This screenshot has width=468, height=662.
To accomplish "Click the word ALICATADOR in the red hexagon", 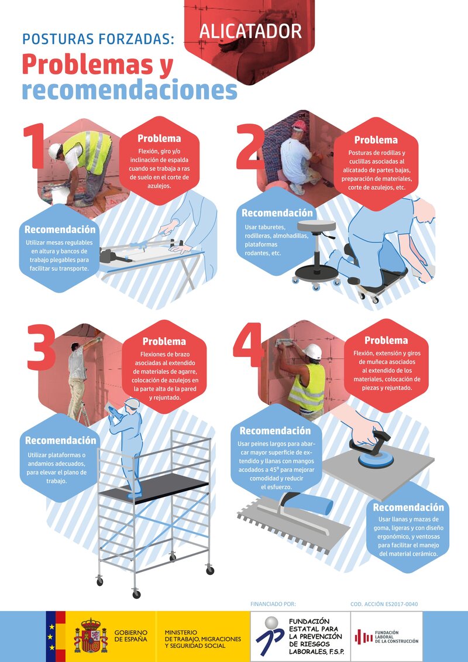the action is (250, 31).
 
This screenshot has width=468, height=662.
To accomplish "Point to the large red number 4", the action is (249, 345).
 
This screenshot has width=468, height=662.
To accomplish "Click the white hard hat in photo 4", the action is (312, 351).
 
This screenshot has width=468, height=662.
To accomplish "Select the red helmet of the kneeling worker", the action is (300, 125).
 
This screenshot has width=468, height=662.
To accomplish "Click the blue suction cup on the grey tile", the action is (376, 459).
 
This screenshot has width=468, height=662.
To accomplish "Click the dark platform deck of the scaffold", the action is (154, 488).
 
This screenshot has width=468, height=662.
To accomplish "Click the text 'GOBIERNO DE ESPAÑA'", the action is (131, 636).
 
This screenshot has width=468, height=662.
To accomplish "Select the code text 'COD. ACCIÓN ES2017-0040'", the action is (384, 604).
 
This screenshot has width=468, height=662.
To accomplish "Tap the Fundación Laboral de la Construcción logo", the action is (386, 637).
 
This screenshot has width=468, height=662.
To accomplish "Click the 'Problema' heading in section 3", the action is (164, 341).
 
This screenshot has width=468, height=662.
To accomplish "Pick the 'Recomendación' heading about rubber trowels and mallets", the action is (408, 507).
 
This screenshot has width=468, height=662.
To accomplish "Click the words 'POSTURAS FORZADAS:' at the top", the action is (98, 39).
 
